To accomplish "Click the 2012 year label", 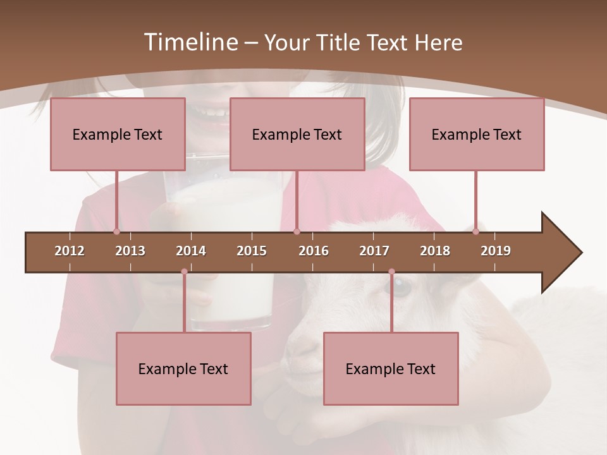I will pos(70,251).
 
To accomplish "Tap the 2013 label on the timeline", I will pos(130,251).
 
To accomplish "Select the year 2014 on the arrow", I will pos(191,251).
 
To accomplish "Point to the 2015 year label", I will pos(252,251).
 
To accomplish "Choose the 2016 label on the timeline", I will pos(314,251).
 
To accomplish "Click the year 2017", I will pos(374,251).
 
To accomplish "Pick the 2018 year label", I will pos(435,251).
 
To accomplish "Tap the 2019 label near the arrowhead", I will pos(496,251).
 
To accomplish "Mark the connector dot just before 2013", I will pos(116,231).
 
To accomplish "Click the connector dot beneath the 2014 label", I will pos(184,272).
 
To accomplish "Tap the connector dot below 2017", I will pos(391,272).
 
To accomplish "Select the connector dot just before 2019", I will pos(475,231).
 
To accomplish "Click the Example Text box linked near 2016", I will pos(297,134).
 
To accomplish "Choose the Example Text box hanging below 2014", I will pos(183,368).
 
